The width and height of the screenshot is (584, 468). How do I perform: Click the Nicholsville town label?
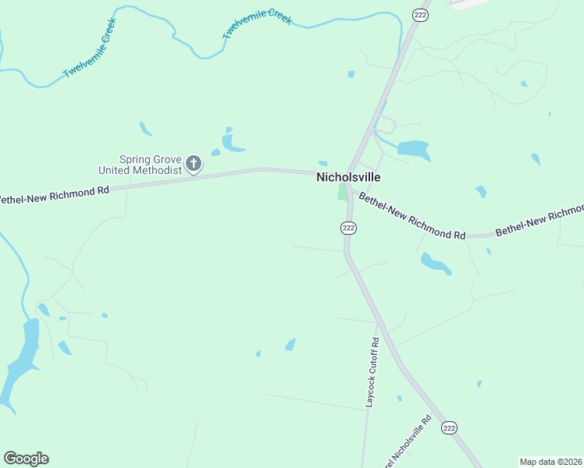click(348, 177)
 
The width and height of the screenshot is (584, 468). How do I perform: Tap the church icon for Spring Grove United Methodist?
click(194, 164)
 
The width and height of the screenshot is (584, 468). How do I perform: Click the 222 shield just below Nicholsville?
click(348, 228)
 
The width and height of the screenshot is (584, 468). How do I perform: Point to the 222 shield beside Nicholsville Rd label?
click(448, 427)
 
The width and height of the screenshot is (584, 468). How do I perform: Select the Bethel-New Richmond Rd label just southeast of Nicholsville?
click(411, 216)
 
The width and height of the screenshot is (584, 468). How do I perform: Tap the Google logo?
click(26, 459)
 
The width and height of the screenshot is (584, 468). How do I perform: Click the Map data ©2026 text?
click(550, 462)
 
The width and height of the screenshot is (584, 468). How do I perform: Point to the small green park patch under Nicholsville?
click(342, 192)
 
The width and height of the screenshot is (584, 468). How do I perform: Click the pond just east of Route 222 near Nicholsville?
click(413, 148)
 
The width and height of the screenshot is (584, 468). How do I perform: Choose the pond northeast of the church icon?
click(232, 143)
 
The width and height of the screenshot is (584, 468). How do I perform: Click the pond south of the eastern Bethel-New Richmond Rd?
click(436, 264)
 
